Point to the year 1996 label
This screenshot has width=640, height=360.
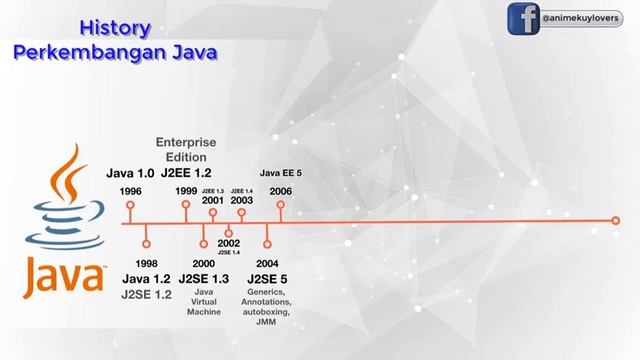tap(130, 190)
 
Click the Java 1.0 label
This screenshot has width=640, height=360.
tap(130, 174)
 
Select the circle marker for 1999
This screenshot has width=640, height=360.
tap(186, 206)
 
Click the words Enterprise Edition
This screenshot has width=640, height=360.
tap(186, 149)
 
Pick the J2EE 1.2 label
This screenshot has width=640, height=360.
tap(186, 174)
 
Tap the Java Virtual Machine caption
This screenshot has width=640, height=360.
tap(203, 301)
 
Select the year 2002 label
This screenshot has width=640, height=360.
tap(229, 243)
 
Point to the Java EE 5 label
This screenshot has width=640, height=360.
tap(281, 173)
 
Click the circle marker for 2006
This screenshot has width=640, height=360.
tap(281, 206)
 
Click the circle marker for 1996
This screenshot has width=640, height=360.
tap(130, 206)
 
